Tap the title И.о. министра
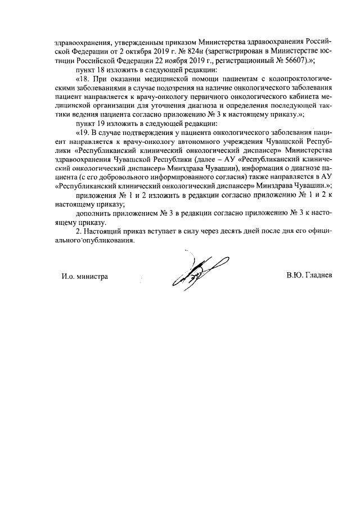85,276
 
